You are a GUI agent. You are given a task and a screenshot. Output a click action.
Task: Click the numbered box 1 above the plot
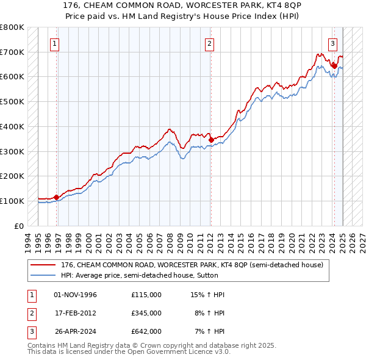tap(55, 43)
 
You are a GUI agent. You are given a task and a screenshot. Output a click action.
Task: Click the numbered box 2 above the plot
tap(209, 43)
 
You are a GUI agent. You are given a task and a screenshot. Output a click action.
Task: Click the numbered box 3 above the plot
tap(333, 43)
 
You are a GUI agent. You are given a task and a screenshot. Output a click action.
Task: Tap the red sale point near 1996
tap(56, 197)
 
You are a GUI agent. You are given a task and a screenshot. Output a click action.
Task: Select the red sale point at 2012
tap(211, 140)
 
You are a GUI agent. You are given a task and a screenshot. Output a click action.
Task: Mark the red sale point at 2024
tap(334, 65)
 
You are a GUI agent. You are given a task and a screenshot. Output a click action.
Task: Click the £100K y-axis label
tap(12, 201)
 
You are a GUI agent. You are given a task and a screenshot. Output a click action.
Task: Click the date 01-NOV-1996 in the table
tap(75, 295)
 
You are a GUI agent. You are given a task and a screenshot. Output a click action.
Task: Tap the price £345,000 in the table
tap(146, 313)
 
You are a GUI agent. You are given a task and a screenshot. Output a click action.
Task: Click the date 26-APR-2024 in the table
tap(75, 331)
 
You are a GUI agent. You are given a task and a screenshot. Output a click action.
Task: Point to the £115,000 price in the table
tap(146, 295)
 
